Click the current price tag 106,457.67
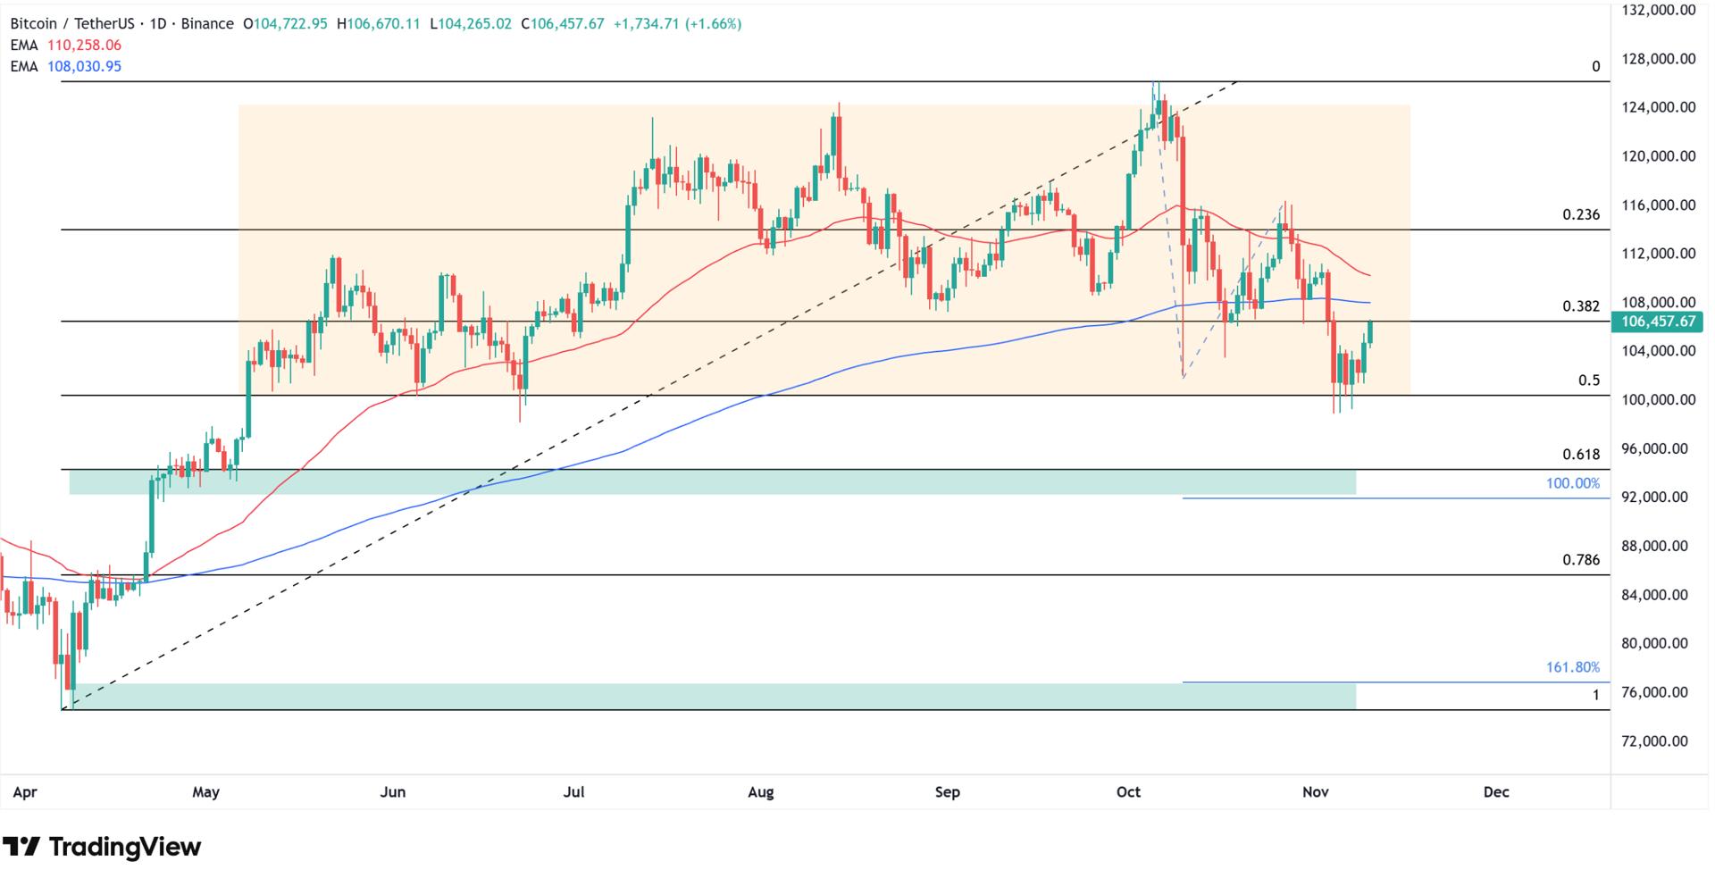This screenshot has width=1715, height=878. pos(1656,322)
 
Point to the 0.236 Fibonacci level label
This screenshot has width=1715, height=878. pos(1580,215)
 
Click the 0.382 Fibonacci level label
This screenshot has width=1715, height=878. pos(1580,306)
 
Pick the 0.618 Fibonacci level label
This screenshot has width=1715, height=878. pos(1580,455)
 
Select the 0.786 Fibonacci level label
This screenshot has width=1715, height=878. pos(1580,560)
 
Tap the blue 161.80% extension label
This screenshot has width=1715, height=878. pos(1572,667)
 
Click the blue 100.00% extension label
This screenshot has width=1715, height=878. pos(1572,483)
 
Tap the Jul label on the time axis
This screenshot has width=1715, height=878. pos(573,792)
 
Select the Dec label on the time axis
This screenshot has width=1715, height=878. pos(1495,792)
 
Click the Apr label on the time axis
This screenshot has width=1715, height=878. pos(25,792)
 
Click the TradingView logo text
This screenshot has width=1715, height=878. pos(124,847)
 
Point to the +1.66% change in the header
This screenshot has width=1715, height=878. pos(713,24)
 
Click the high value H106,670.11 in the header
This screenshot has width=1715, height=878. pos(378,24)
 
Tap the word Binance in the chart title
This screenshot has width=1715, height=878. pos(206,24)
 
